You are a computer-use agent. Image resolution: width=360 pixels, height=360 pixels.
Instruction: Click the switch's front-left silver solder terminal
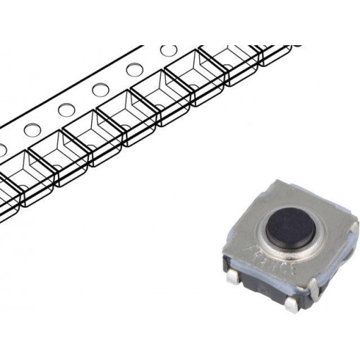[x=233, y=279]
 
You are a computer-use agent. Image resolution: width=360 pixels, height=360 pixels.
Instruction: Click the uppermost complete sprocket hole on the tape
[x=169, y=52]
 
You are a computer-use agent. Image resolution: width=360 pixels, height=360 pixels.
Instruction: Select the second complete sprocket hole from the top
[x=134, y=70]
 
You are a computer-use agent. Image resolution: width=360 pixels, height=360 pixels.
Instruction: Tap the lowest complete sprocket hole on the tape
[x=31, y=130]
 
